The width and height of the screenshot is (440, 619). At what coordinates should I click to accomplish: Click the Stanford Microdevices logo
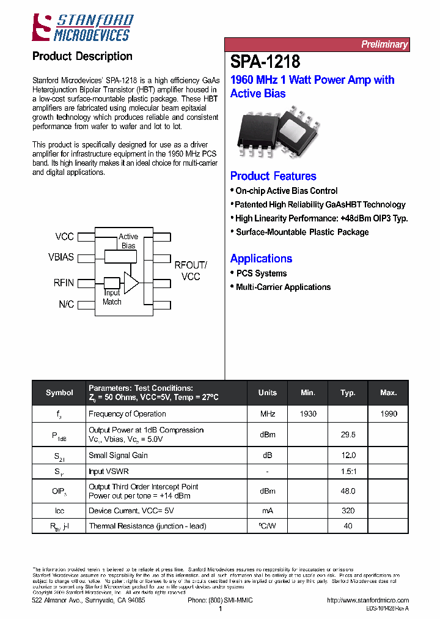coord(82,28)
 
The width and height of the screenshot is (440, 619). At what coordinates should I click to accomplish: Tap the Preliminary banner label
coord(384,45)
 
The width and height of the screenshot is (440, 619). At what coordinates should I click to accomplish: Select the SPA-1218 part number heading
coord(265,62)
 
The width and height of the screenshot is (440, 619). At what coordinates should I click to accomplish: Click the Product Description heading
coord(82,56)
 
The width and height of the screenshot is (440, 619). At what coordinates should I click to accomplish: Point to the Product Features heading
coord(273,176)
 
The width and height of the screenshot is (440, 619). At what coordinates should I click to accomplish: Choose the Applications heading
coord(261,259)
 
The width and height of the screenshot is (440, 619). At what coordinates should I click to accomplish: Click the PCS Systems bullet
coord(261,273)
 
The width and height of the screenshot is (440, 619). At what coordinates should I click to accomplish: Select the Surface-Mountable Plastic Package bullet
coord(302,232)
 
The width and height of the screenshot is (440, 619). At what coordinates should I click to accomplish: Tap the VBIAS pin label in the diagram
coord(61,258)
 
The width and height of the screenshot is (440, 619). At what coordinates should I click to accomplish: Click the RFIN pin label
coord(64,283)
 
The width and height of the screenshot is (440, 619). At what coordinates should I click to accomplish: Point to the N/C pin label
coord(66,304)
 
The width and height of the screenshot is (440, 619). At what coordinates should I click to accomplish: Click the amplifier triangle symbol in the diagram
coord(131,283)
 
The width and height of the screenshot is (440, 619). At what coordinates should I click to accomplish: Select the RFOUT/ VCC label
coord(191,270)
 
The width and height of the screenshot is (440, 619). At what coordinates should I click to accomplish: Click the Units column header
coord(267,393)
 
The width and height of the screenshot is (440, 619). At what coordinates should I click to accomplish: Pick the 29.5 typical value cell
coord(348,434)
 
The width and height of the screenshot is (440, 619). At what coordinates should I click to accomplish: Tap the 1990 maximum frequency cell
coord(388,413)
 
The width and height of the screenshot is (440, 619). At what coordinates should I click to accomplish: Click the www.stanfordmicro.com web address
coord(368,601)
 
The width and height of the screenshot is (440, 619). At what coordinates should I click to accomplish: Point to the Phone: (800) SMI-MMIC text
coord(220,601)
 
